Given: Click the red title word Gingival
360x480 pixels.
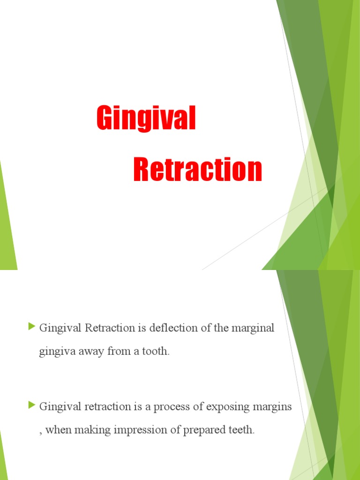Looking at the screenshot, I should pos(146,118).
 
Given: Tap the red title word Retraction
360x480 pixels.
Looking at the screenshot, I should pos(197,170).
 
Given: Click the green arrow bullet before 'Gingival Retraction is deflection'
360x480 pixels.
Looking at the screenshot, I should pos(32,326).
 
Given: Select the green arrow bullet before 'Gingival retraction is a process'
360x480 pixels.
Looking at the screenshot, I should pos(32,404).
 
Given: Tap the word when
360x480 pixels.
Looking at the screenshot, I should pos(56,430).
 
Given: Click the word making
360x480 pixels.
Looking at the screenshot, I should pos(88,430).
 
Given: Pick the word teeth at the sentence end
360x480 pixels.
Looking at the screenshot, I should pos(239,430).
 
